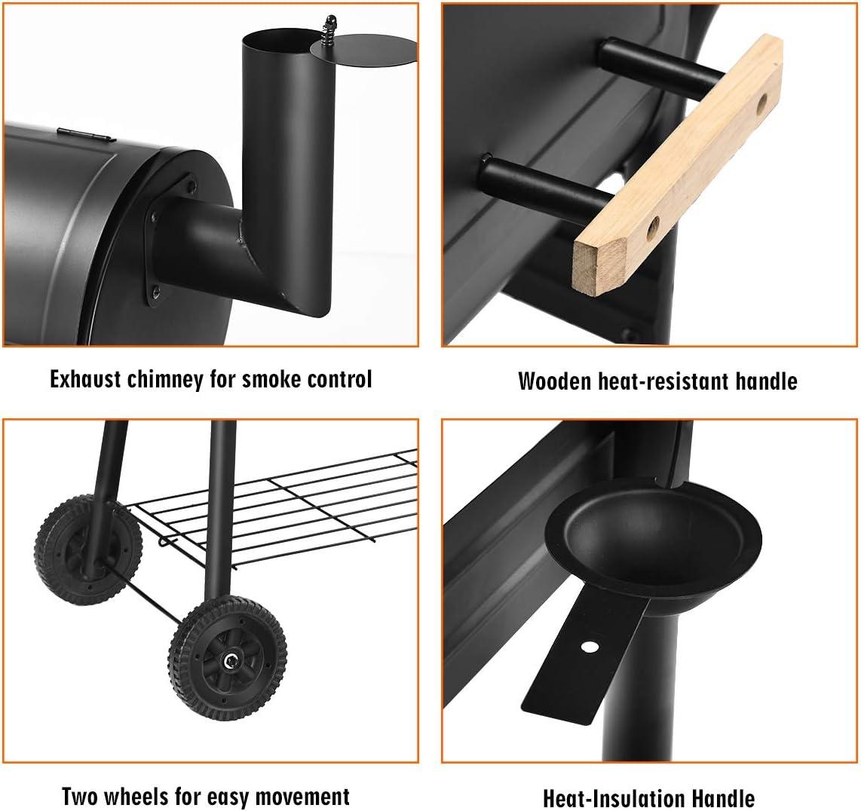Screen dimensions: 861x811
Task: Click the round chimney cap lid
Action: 363,50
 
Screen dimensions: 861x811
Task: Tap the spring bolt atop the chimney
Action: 330,27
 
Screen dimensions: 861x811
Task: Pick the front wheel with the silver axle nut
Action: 228,658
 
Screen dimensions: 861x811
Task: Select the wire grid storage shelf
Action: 274,505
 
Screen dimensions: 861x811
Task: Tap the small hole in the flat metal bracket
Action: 590,646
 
